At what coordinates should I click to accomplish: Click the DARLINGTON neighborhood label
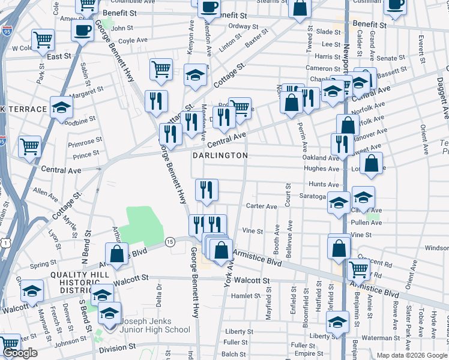click(220, 155)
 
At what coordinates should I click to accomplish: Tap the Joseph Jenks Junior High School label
click(155, 329)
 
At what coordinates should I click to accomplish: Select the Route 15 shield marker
click(170, 241)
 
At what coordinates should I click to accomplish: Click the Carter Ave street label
click(261, 206)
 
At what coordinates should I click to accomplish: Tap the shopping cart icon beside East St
click(43, 40)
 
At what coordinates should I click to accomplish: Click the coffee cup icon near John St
click(82, 29)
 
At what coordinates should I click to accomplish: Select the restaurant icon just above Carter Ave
click(206, 190)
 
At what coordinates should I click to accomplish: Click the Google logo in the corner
click(20, 353)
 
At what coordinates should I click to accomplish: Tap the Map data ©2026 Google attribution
click(412, 355)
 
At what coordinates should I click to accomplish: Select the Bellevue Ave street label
click(291, 235)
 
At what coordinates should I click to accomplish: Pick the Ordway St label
click(243, 26)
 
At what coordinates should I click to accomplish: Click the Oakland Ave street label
click(321, 158)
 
